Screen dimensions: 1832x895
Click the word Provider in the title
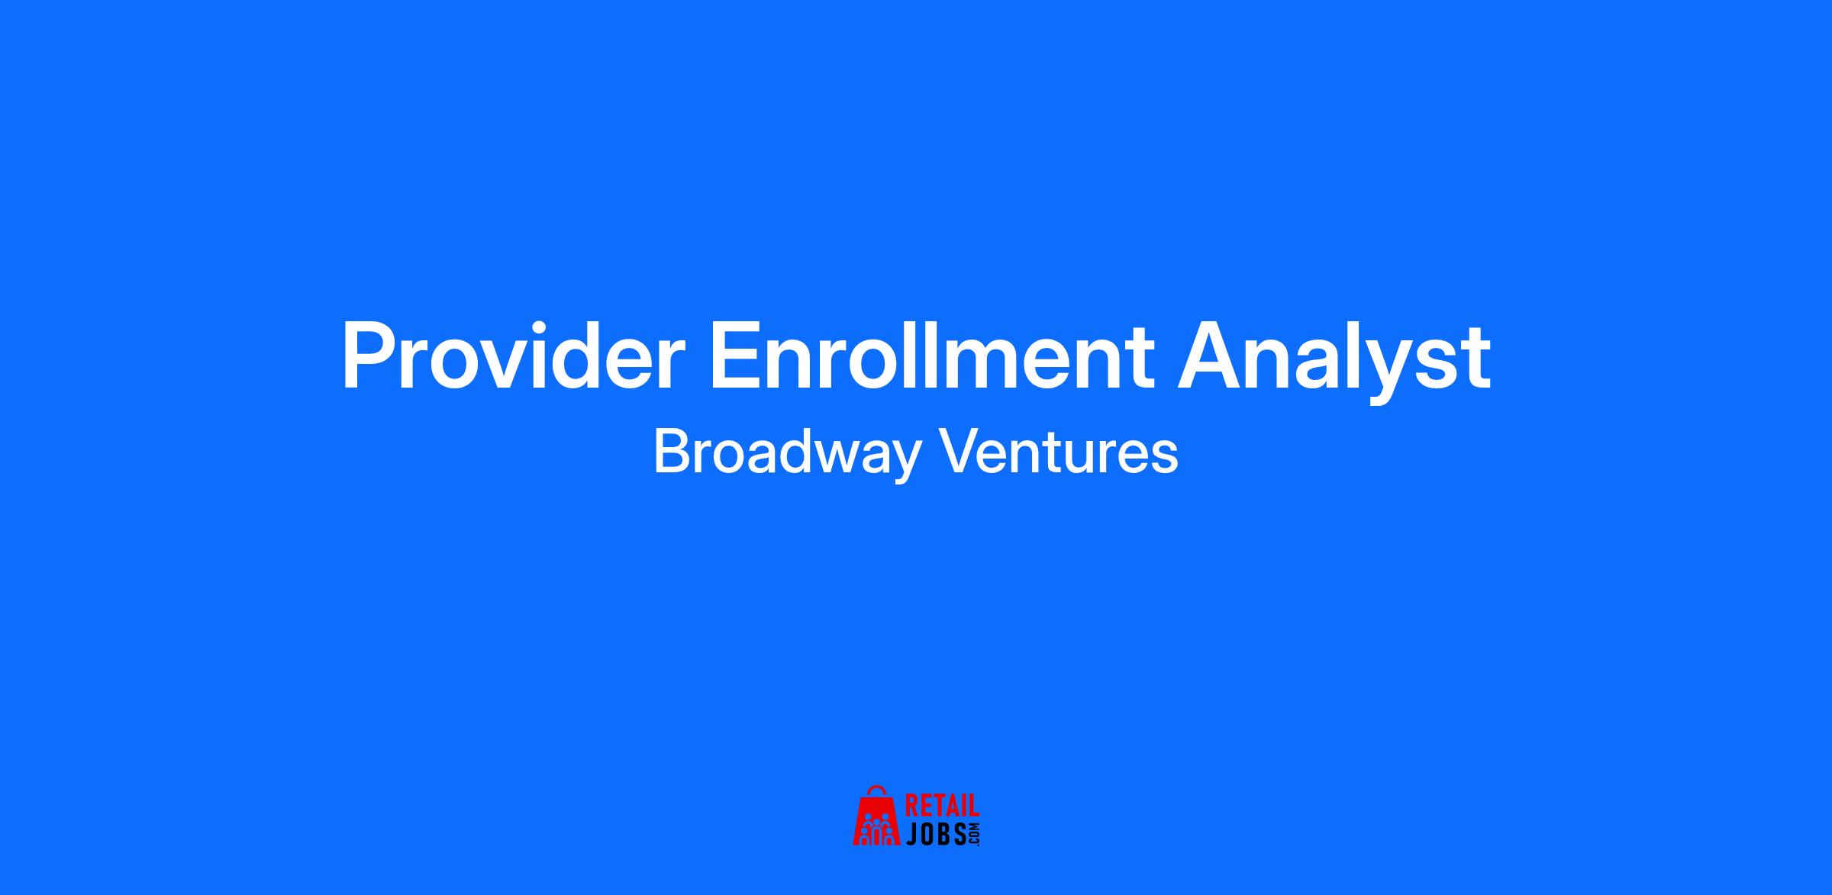508,357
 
